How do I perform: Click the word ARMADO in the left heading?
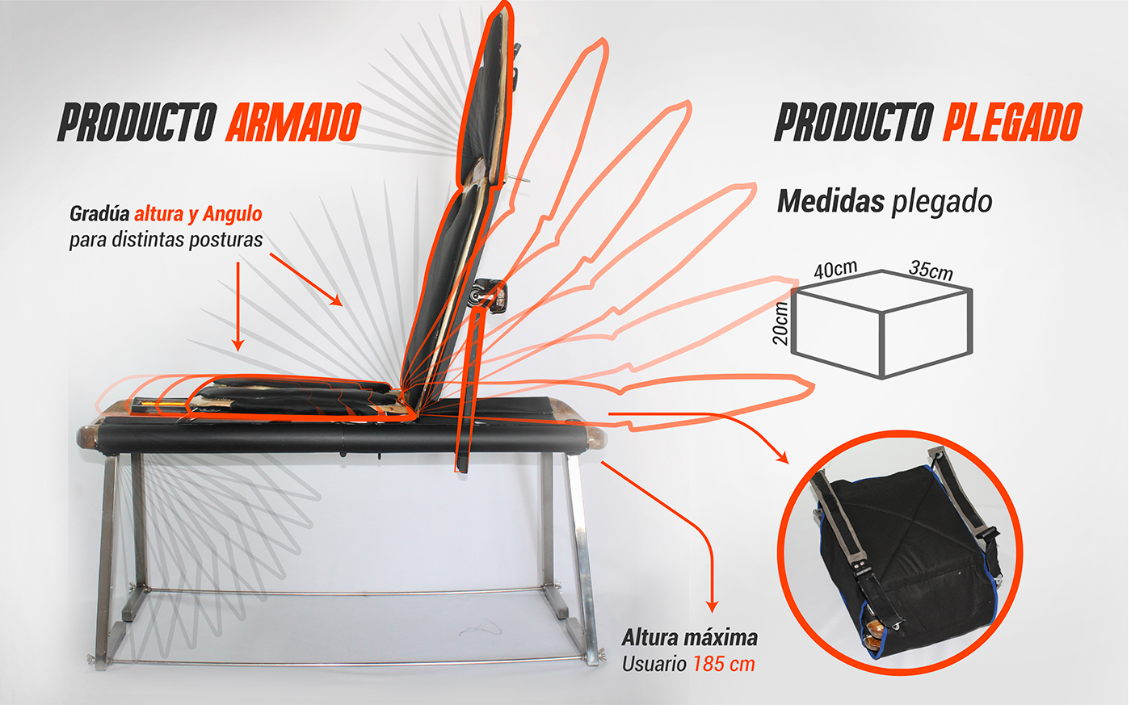tap(292, 123)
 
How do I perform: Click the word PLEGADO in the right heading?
tap(1011, 123)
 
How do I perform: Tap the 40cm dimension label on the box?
tap(835, 270)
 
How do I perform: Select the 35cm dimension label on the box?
tap(931, 270)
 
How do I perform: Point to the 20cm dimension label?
tap(781, 323)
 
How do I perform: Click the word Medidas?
tap(830, 201)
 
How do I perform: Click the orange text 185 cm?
tap(724, 664)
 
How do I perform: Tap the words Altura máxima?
tap(690, 638)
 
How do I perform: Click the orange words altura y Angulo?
tap(198, 214)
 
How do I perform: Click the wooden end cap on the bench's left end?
tap(86, 437)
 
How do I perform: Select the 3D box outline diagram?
tap(882, 323)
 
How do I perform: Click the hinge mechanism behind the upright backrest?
tap(490, 294)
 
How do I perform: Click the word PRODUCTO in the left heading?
tap(136, 123)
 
